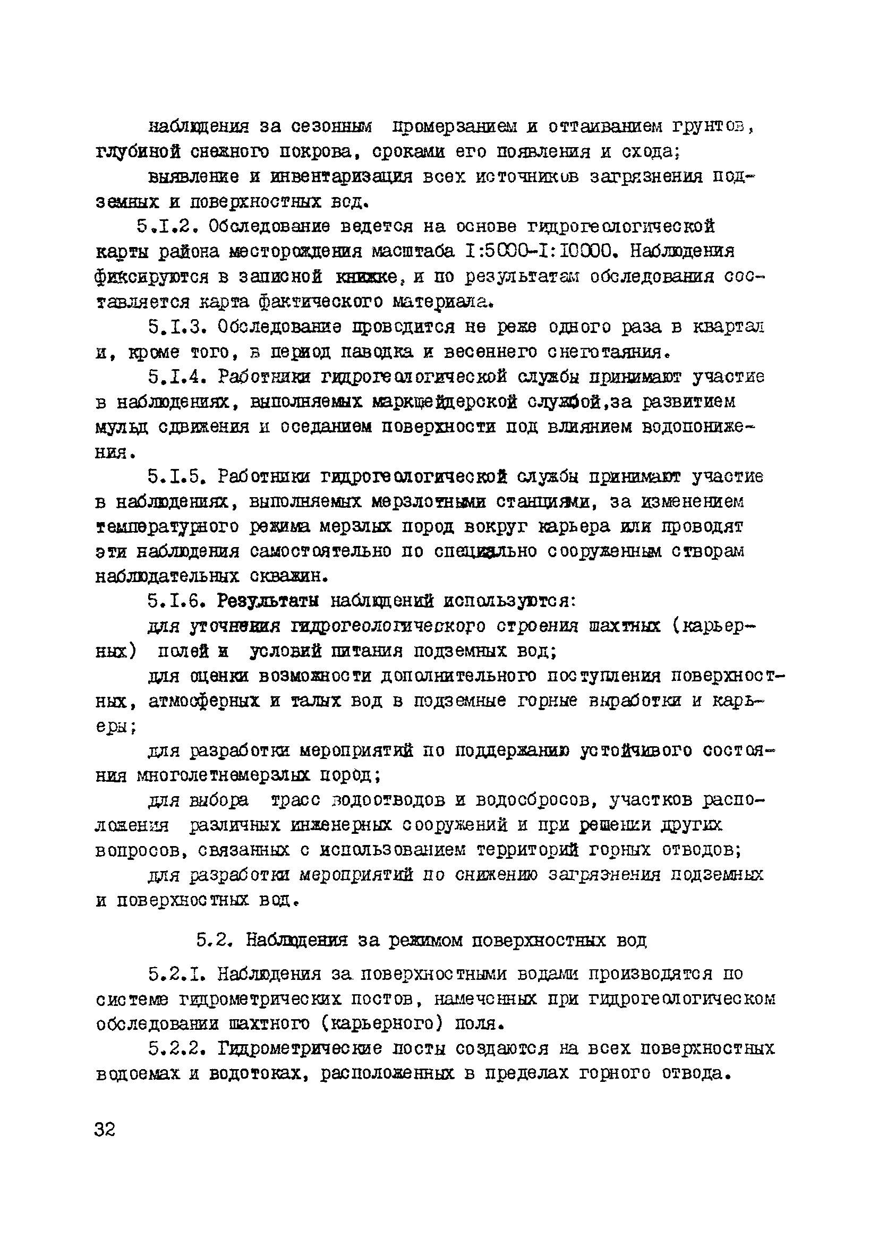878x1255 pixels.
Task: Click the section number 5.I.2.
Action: pos(167,226)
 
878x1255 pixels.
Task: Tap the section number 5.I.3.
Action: pos(178,327)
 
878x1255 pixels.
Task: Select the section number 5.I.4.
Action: pos(178,377)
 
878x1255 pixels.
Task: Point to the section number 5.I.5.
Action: pos(178,477)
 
